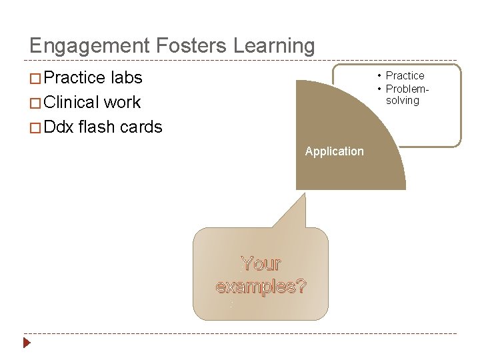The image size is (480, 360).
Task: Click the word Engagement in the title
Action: coord(89,47)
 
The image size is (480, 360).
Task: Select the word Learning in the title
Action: coord(274,47)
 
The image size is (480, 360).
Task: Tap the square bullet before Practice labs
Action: coord(35,79)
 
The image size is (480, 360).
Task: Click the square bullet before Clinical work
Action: coord(35,103)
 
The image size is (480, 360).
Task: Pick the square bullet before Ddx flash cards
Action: coord(35,128)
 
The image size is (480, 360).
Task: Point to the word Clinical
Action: coord(73,103)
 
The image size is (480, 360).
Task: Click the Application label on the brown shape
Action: coord(334,151)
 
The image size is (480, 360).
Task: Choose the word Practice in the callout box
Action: coord(405,76)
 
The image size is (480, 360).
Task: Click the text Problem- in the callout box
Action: coord(407,89)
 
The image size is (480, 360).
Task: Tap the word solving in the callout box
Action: coord(403,101)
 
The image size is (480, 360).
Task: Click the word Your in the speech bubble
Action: coord(261,264)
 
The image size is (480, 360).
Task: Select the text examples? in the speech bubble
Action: coord(261,287)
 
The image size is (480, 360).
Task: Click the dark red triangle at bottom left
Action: coord(27,343)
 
